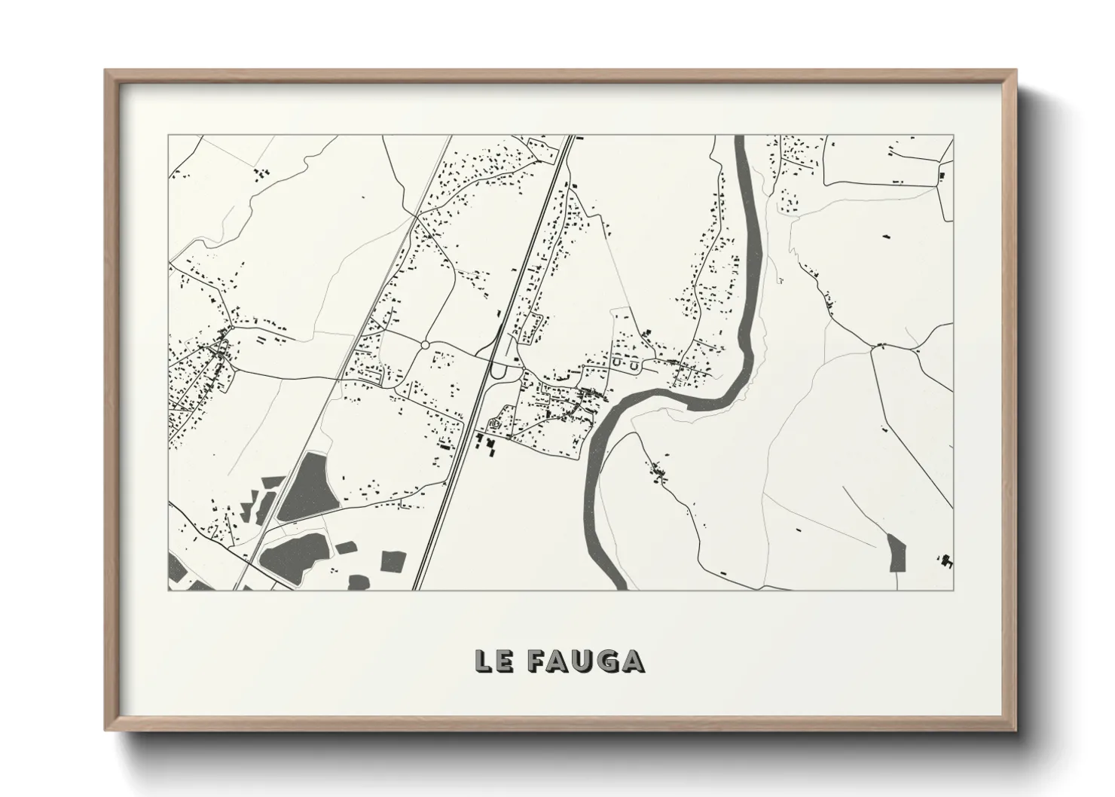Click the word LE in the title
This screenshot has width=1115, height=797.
coord(494,661)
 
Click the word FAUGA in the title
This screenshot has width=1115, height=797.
coord(586,661)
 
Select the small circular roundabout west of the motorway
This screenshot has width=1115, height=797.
coord(425,345)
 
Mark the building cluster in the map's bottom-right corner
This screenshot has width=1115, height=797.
coord(945,560)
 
